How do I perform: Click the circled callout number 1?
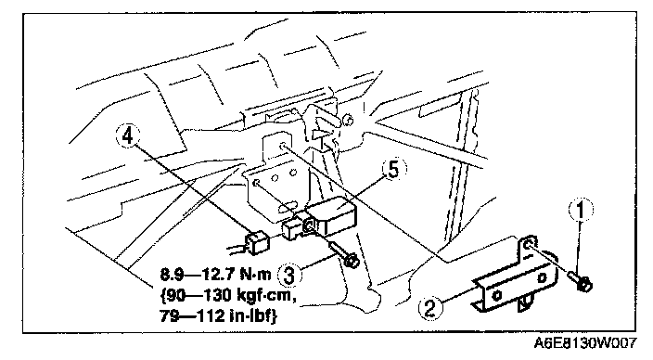tap(581, 210)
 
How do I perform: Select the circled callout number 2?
tap(429, 308)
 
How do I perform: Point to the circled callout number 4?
tap(128, 135)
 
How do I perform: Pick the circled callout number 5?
tap(393, 170)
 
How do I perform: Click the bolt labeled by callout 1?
tap(581, 281)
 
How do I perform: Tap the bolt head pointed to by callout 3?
tap(352, 262)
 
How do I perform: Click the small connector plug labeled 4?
tap(257, 242)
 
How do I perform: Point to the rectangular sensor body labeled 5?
tap(331, 217)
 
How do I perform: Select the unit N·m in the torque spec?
tap(255, 275)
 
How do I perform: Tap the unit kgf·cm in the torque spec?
tap(265, 295)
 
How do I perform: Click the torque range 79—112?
tap(192, 316)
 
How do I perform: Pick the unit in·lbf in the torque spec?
tap(253, 316)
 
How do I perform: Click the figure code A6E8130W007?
tap(585, 343)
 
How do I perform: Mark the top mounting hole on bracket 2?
tap(528, 244)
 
